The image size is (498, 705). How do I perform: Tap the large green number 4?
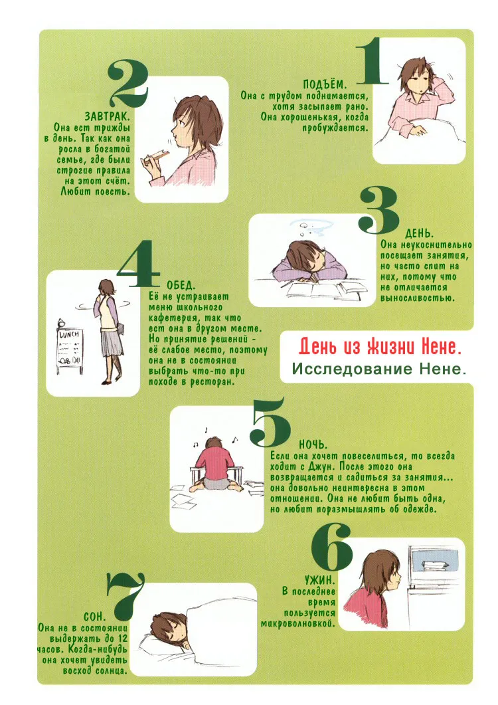click(138, 264)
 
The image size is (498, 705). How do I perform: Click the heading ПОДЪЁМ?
click(325, 84)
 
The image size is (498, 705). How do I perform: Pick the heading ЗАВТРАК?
click(107, 118)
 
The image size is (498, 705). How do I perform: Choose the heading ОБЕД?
click(181, 286)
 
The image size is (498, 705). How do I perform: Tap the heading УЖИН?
click(319, 580)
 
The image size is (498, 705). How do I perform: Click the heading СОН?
click(94, 616)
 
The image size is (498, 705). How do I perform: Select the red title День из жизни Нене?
click(380, 347)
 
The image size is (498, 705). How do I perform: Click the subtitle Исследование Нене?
click(379, 369)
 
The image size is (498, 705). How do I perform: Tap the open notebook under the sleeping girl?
click(315, 289)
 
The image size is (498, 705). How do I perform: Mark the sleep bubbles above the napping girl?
click(310, 229)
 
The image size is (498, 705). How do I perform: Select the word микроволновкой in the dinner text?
click(298, 624)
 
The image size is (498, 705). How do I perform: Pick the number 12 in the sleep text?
click(122, 639)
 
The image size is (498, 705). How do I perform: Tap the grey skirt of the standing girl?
click(112, 342)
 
